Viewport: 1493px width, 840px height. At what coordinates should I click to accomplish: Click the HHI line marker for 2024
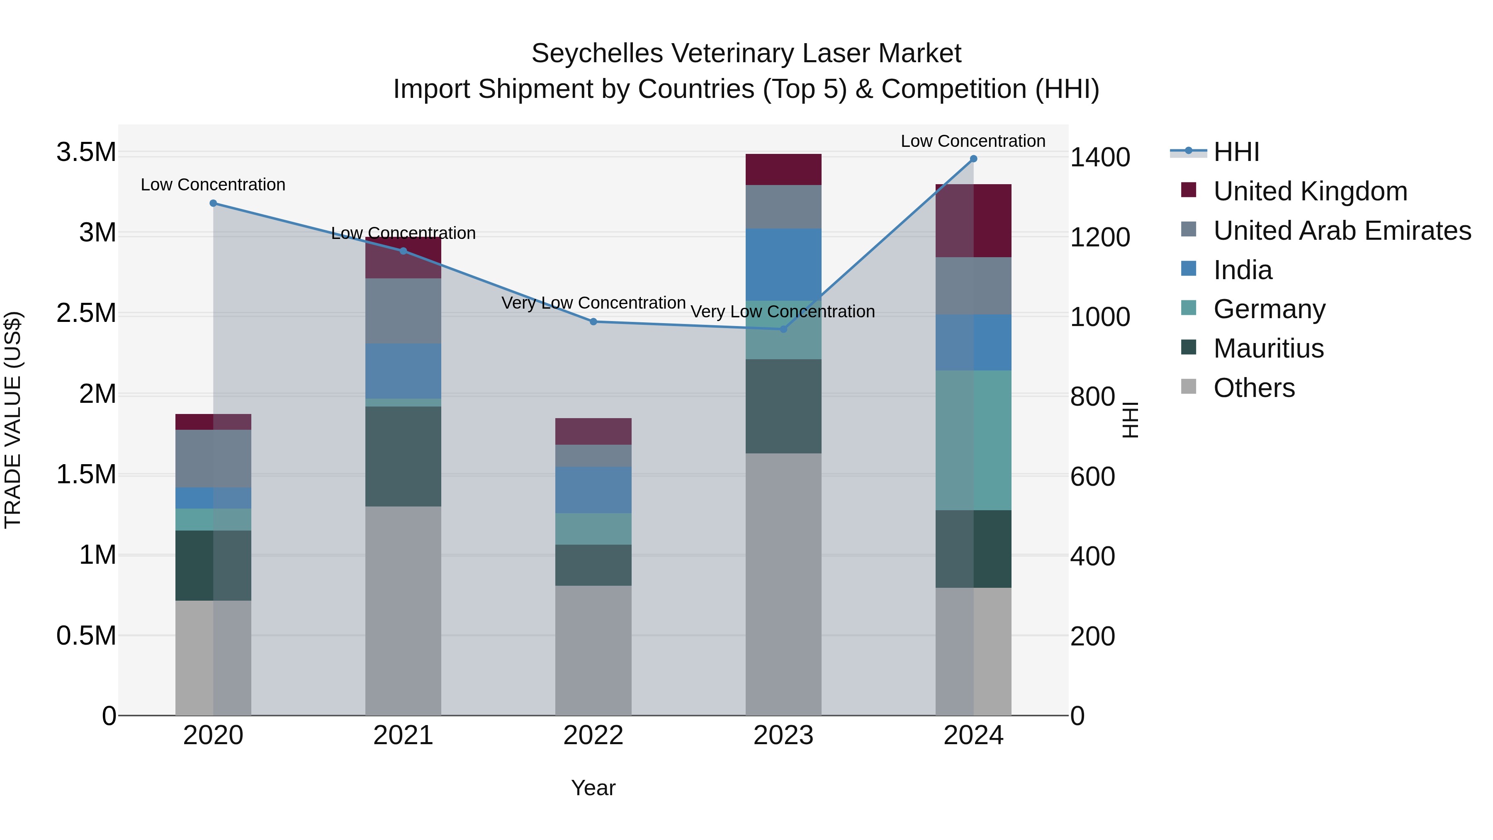(x=973, y=159)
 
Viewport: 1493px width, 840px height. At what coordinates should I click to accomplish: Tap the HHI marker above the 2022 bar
(x=593, y=322)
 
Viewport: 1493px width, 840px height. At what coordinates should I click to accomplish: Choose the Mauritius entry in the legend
(x=1268, y=348)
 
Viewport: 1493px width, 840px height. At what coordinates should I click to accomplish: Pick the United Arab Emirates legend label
(x=1342, y=231)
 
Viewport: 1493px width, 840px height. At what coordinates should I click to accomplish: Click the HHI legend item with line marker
(x=1236, y=152)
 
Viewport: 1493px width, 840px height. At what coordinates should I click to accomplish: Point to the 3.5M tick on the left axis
(x=86, y=153)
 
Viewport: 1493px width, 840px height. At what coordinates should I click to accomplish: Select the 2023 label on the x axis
(x=783, y=735)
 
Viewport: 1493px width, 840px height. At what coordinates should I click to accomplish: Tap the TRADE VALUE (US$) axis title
(x=13, y=420)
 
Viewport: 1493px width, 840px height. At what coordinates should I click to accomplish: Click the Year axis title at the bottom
(x=593, y=788)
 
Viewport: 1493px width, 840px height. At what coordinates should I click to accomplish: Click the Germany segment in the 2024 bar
(x=973, y=440)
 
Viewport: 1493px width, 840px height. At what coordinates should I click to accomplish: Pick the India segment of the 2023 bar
(x=783, y=264)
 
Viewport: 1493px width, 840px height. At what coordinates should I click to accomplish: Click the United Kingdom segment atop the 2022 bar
(x=593, y=431)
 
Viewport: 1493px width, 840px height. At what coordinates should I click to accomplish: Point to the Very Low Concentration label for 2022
(x=593, y=303)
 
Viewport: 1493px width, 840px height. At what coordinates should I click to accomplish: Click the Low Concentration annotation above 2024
(x=973, y=141)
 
